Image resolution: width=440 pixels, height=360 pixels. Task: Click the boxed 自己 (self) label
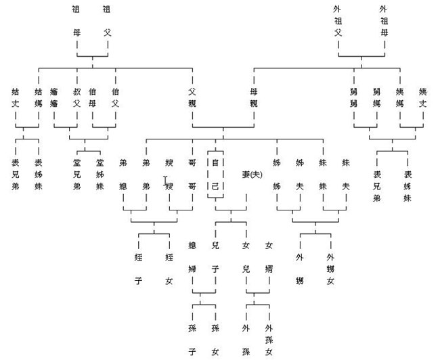pos(215,174)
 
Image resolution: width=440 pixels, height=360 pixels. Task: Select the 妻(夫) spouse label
pos(252,175)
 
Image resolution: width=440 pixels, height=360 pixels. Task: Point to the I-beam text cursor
pos(165,180)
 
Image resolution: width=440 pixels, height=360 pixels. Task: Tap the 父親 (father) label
pos(192,97)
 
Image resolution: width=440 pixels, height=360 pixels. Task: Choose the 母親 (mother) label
pos(254,97)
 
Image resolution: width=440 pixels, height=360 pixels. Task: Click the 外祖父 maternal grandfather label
pos(338,20)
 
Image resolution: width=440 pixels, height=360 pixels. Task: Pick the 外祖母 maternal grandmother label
pos(384,20)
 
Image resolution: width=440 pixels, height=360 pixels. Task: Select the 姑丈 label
pos(16,97)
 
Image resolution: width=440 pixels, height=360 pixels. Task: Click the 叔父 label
pos(76,97)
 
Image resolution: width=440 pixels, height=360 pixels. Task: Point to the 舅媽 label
pos(376,97)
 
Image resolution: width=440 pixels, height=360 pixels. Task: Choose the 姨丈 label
pos(422,97)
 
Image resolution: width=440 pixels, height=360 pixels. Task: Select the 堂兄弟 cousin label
pos(76,174)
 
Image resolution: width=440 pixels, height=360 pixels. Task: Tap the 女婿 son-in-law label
pos(269,256)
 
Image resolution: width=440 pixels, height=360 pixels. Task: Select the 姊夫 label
pos(299,174)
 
